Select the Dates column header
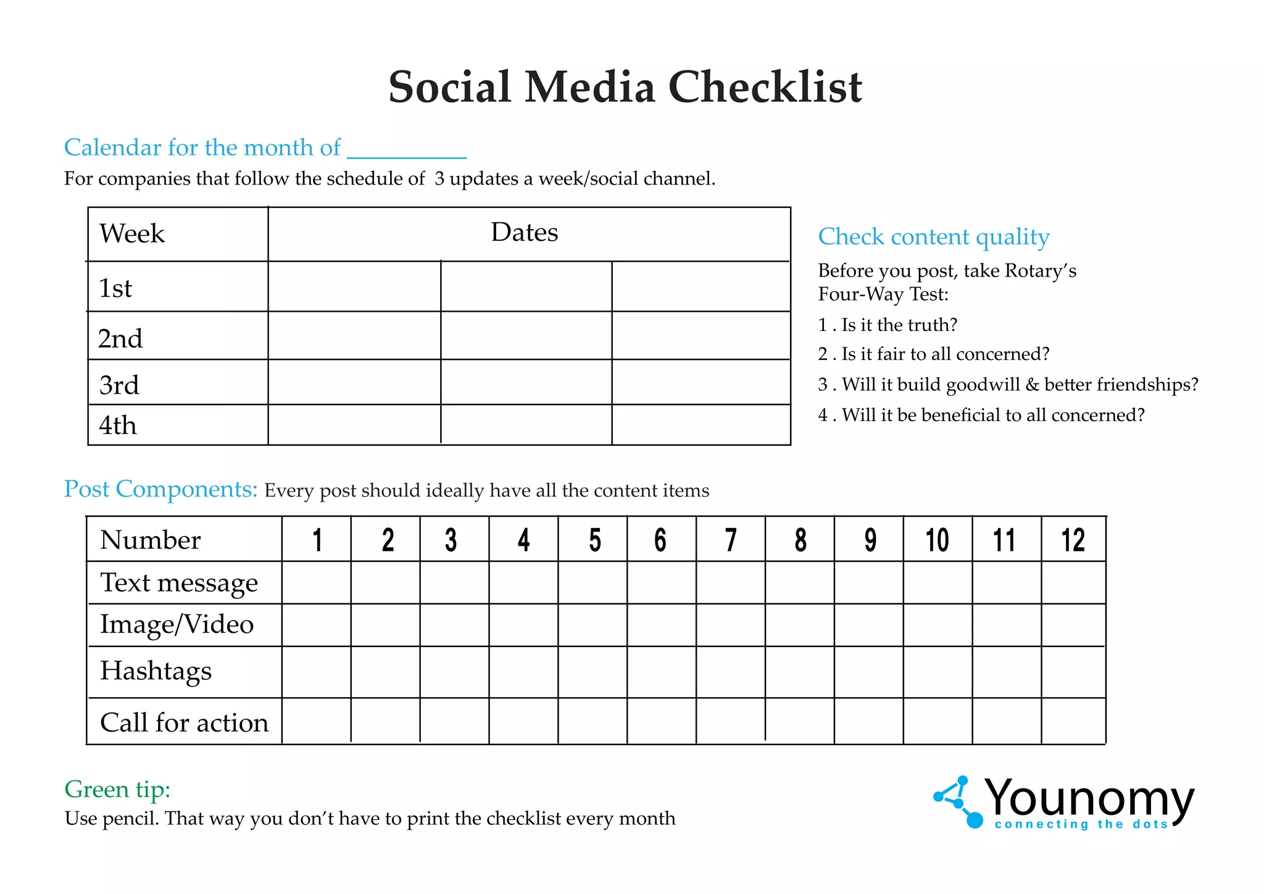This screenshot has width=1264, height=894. click(x=525, y=233)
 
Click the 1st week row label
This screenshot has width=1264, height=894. click(x=115, y=288)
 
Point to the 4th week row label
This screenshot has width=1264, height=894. click(x=117, y=425)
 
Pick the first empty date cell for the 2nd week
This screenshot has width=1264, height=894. click(x=354, y=336)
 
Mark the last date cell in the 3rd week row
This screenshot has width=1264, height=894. click(x=701, y=382)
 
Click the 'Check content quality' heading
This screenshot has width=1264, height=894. click(x=933, y=237)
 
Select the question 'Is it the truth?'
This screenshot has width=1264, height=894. click(x=899, y=325)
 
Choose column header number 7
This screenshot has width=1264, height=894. click(x=731, y=540)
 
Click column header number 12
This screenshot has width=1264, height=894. click(x=1073, y=540)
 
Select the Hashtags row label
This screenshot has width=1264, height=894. click(x=156, y=671)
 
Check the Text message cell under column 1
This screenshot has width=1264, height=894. click(x=317, y=583)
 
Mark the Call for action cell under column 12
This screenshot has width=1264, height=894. click(x=1073, y=721)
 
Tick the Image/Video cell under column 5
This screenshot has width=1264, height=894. click(x=592, y=625)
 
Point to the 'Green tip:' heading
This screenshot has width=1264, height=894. click(x=117, y=789)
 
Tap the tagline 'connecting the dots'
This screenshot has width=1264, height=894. click(x=1081, y=824)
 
